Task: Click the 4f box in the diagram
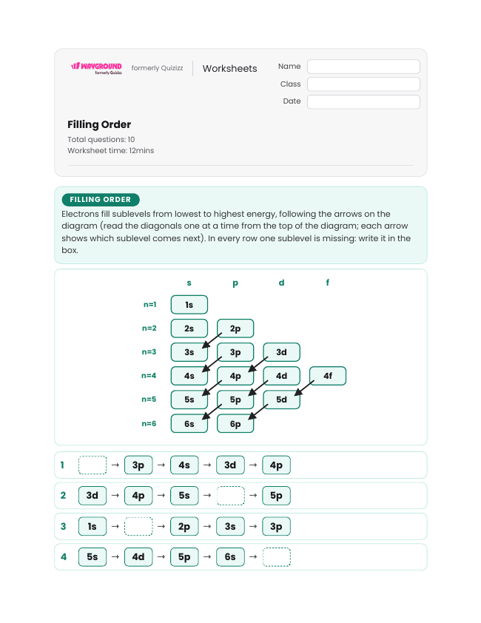[x=328, y=376]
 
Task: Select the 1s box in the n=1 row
[x=189, y=305]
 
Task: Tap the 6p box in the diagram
[x=235, y=423]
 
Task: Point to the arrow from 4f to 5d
[x=304, y=388]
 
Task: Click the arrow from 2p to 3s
[x=212, y=340]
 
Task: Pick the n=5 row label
[x=149, y=400]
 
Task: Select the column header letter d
[x=281, y=283]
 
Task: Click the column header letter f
[x=328, y=283]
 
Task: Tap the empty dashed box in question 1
[x=92, y=465]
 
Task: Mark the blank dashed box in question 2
[x=231, y=496]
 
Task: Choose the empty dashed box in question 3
[x=138, y=527]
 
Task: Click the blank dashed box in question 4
[x=277, y=557]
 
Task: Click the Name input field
[x=363, y=67]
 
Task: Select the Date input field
[x=363, y=101]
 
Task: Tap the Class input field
[x=363, y=84]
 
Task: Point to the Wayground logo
[x=96, y=68]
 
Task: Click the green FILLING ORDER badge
[x=101, y=200]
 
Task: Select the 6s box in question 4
[x=231, y=557]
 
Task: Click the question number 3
[x=63, y=527]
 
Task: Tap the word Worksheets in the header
[x=229, y=68]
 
